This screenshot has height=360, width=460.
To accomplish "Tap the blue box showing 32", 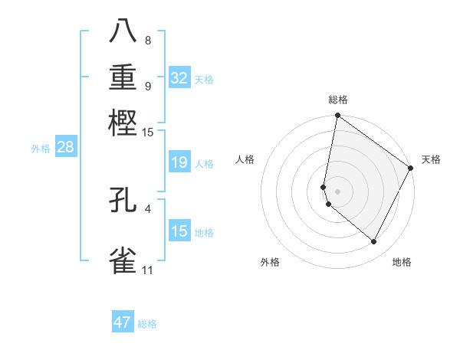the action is point(179,78).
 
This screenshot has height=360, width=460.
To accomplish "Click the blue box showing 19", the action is point(179,162).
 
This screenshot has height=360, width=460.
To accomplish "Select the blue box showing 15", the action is point(179,231).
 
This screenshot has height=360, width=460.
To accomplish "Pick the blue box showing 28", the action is point(65,148).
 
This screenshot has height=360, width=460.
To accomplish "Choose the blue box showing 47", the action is point(123,322).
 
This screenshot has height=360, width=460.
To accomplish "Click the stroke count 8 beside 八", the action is point(147,40).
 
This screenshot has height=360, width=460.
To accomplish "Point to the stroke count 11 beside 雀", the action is point(147,270).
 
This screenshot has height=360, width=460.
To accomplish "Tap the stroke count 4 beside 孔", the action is point(147,208).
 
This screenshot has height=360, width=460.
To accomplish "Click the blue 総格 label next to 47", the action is point(147,324).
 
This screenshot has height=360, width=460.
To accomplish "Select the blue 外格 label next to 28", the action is point(41,149).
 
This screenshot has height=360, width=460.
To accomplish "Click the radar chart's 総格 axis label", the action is point(338,100).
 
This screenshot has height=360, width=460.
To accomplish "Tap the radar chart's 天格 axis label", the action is point(431,159).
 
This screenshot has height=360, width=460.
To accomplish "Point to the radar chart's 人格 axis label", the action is point(245,159).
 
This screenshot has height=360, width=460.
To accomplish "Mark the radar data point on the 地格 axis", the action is point(373,242).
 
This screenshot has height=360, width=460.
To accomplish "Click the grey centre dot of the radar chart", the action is point(337,191).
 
